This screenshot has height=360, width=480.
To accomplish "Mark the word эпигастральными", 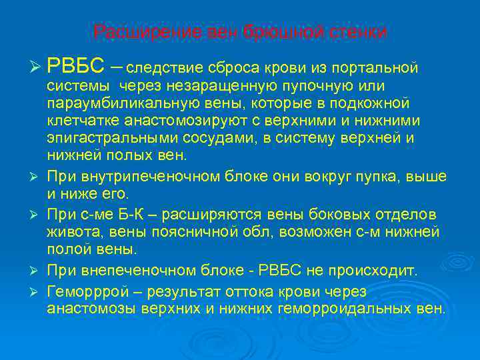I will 109,139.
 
